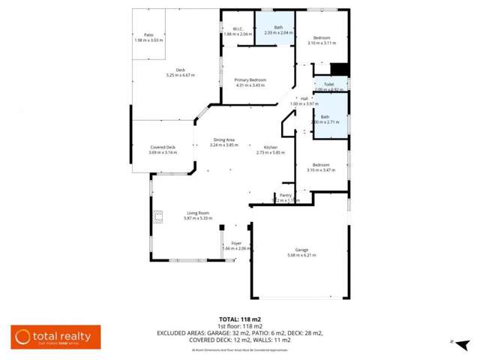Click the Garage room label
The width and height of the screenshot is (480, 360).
click(x=301, y=251)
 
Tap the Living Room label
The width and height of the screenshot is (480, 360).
click(x=197, y=214)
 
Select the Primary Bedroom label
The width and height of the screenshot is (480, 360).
click(x=250, y=80)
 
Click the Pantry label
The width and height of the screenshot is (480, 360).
click(x=286, y=195)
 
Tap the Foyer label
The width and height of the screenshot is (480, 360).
click(x=236, y=244)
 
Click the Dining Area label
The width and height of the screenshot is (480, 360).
click(x=224, y=139)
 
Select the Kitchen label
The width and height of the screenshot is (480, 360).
click(x=271, y=147)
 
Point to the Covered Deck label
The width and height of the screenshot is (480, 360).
click(x=162, y=147)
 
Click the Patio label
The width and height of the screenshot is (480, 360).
click(x=148, y=35)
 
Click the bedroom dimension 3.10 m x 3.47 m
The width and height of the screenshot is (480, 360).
click(x=321, y=170)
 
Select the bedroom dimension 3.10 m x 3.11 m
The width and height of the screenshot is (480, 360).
click(x=321, y=43)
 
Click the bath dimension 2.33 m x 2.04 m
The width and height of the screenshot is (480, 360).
click(x=278, y=33)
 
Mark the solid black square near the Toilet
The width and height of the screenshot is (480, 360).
click(x=340, y=69)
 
